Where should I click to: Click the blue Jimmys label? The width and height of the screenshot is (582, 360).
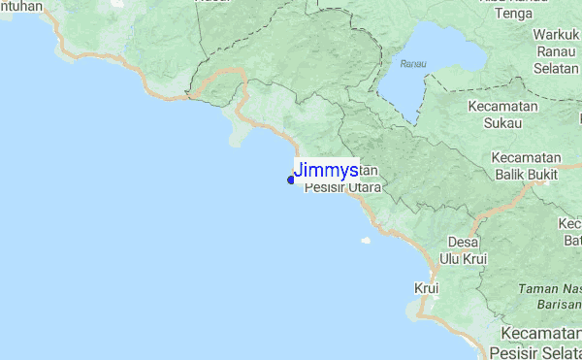[x=325, y=170]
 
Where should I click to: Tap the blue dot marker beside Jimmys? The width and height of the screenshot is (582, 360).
[x=291, y=180]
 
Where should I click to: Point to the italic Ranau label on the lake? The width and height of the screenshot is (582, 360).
[x=412, y=64]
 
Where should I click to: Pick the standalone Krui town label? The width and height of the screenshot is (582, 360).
[x=427, y=288]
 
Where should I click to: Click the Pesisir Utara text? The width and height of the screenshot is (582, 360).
[x=342, y=187]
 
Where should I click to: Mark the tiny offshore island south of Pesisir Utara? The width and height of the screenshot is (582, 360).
[x=366, y=241]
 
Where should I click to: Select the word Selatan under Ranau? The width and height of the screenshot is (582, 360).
[x=555, y=70]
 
